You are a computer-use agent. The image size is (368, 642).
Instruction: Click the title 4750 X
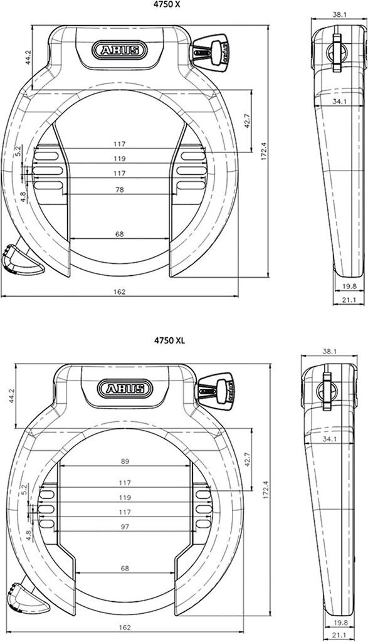167,5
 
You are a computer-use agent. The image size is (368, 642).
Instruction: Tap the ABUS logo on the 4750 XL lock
125,389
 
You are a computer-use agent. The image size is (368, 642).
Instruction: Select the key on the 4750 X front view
209,53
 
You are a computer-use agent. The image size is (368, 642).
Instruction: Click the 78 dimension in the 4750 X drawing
119,189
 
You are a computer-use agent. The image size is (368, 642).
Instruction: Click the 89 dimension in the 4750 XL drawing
125,461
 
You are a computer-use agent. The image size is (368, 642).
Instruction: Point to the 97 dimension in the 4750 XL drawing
125,527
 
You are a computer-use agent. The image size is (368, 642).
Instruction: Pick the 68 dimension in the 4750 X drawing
119,234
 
